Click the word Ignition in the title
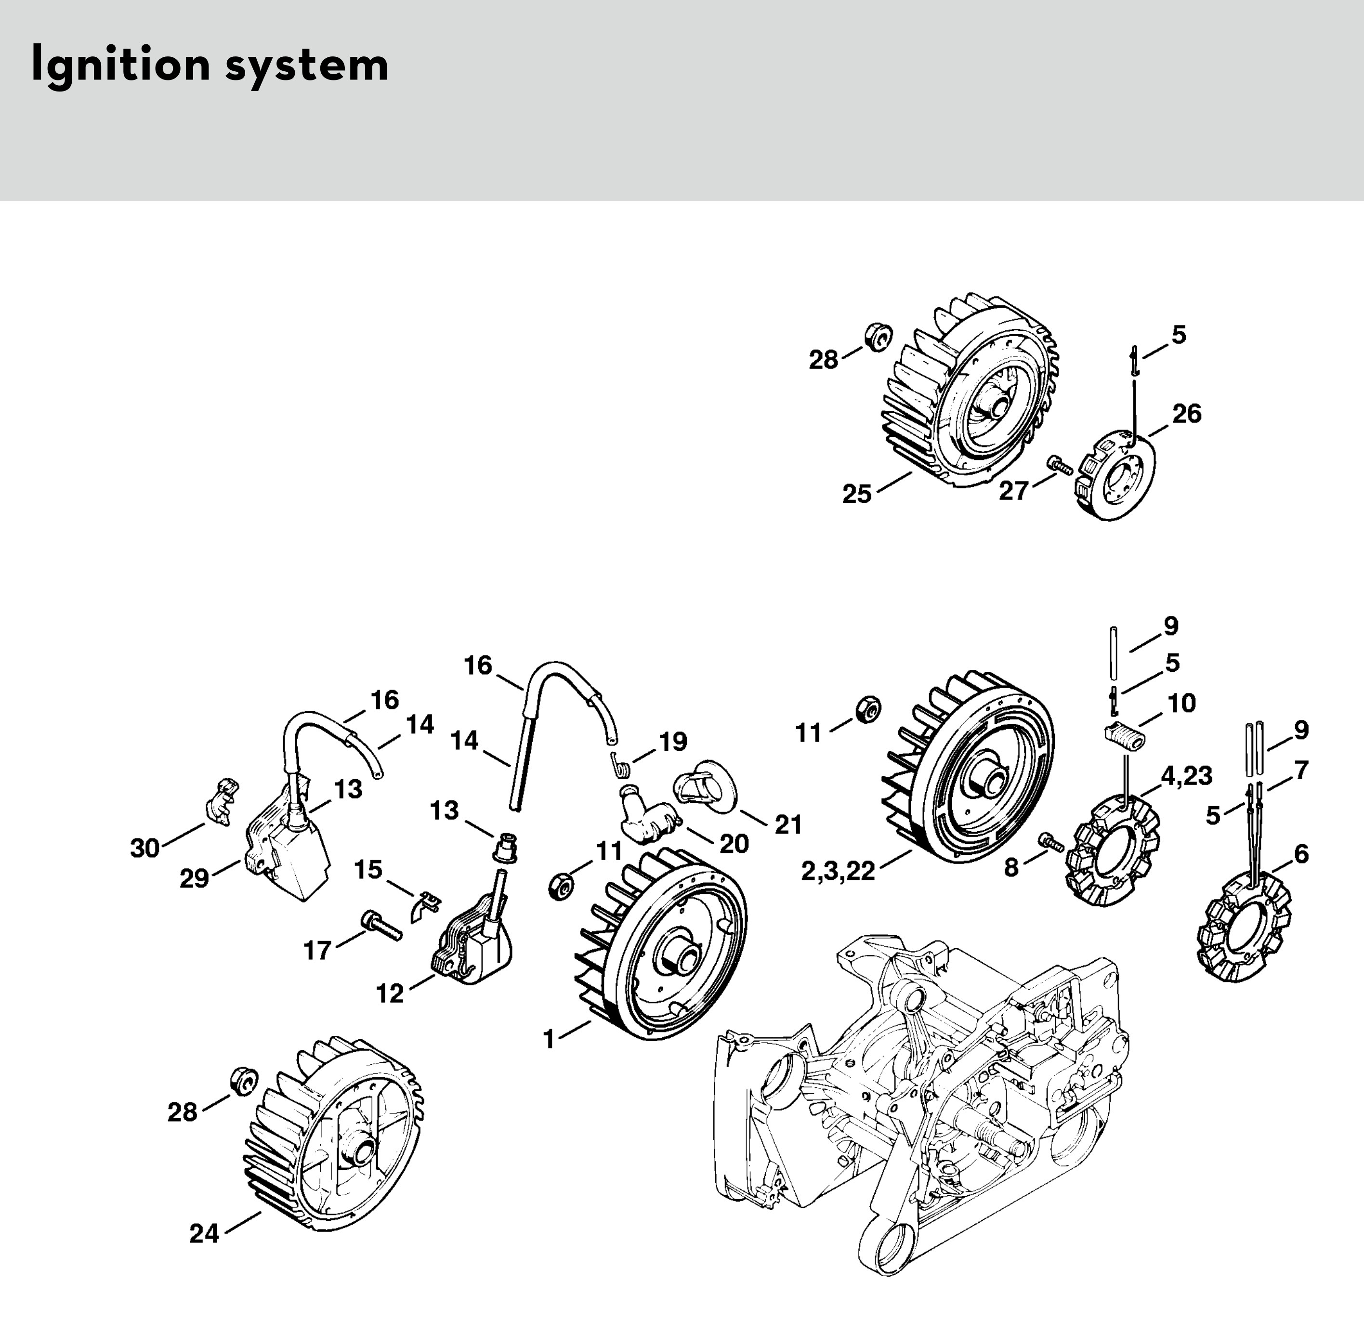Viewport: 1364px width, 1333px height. pyautogui.click(x=120, y=66)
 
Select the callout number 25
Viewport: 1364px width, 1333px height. pyautogui.click(x=857, y=494)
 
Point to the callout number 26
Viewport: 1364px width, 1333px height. pyautogui.click(x=1187, y=414)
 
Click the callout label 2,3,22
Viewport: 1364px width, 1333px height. pyautogui.click(x=838, y=872)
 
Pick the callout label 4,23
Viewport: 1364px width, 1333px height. pyautogui.click(x=1186, y=776)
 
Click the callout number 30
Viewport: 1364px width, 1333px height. pyautogui.click(x=145, y=849)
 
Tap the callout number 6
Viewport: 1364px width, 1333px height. pyautogui.click(x=1301, y=855)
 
